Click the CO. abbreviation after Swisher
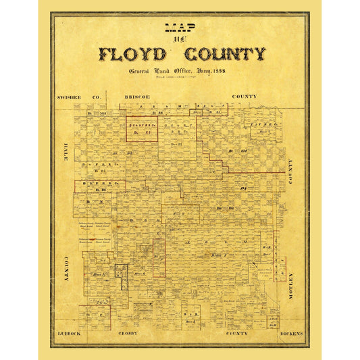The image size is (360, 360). coord(95,97)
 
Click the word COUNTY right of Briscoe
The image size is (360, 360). coord(244,97)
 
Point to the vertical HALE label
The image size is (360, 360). coord(67,174)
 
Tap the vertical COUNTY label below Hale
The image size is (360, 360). coord(67,268)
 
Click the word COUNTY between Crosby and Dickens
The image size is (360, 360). coord(236,334)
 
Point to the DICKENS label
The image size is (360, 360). coord(291,334)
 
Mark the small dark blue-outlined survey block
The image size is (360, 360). coord(121,274)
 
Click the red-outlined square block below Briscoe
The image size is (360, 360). coord(142,128)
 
